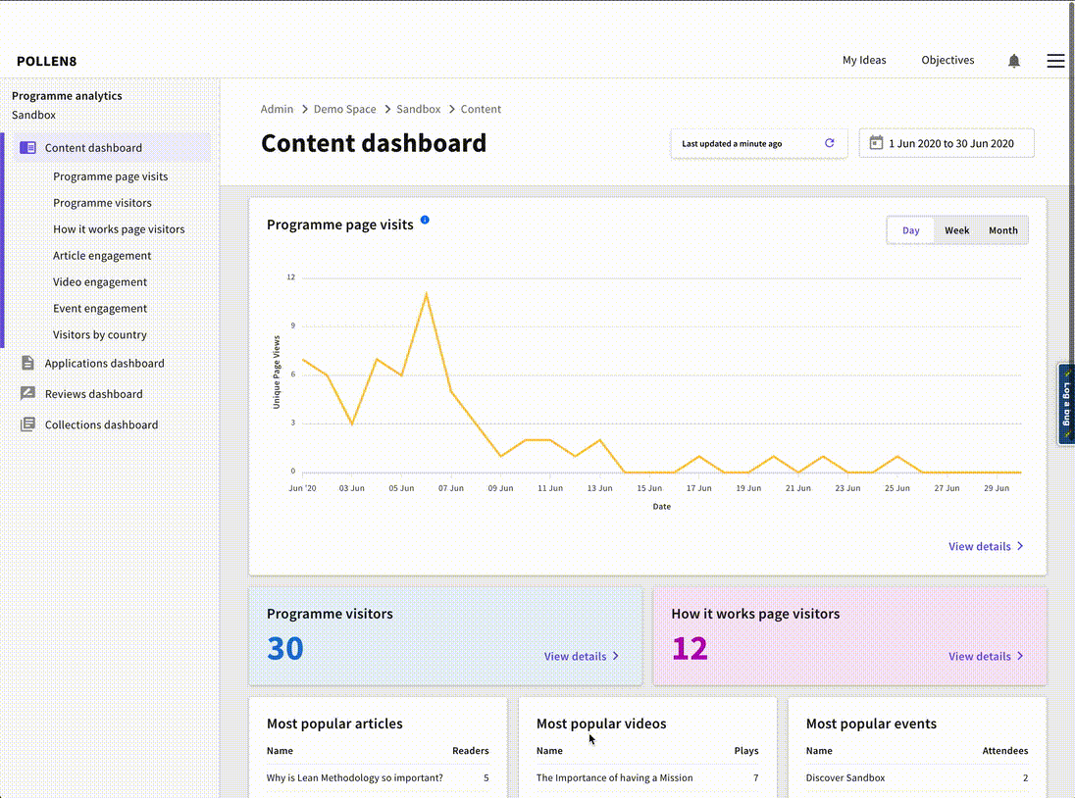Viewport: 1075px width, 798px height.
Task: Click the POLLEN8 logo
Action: click(46, 61)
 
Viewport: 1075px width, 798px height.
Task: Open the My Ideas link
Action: click(863, 60)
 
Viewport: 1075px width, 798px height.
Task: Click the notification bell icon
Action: click(1013, 61)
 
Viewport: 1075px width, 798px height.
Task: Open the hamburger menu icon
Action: click(1055, 61)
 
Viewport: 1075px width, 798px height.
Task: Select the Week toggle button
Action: click(956, 230)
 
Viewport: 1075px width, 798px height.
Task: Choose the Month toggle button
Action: click(1002, 230)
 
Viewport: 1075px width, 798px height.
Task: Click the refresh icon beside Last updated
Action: click(829, 143)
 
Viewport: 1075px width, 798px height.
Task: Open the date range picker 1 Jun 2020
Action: click(947, 143)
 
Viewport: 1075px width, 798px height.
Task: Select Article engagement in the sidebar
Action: click(102, 256)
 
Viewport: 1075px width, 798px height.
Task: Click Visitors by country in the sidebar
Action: click(100, 335)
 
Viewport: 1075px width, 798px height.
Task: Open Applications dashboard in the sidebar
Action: click(104, 364)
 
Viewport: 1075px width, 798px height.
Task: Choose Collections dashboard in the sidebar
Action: click(101, 425)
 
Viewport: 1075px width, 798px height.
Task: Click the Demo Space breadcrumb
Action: click(344, 110)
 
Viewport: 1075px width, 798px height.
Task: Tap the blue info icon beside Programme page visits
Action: click(425, 220)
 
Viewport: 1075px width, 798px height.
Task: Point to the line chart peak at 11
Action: click(426, 293)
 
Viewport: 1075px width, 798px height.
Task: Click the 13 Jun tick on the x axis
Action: click(599, 487)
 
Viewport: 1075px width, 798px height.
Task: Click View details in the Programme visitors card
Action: click(581, 656)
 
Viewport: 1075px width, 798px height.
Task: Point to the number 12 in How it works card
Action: click(690, 648)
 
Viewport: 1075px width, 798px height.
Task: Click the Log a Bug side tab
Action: click(1066, 404)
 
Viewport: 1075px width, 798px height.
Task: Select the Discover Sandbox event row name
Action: click(845, 778)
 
